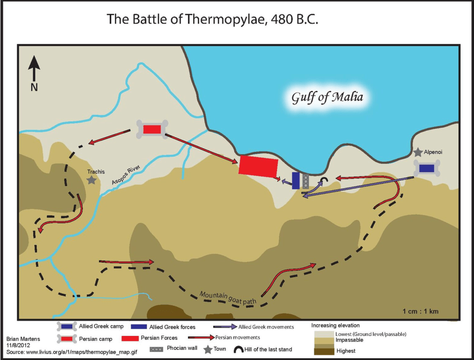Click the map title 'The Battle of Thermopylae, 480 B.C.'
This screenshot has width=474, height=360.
(213, 19)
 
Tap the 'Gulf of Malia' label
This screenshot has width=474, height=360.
(327, 98)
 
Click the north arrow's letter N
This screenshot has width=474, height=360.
(34, 87)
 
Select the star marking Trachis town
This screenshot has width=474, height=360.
(92, 180)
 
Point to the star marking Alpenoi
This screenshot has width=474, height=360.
(418, 152)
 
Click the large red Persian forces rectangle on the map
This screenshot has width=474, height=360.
(258, 166)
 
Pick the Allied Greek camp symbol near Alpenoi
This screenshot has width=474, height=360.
(426, 168)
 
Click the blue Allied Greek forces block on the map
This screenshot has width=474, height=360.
(296, 180)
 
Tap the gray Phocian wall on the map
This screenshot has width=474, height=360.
(305, 181)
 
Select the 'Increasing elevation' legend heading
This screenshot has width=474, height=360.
(335, 325)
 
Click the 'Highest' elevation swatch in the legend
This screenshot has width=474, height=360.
(324, 351)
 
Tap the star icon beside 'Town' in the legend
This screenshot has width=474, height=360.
(208, 349)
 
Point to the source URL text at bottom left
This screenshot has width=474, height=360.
(70, 353)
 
